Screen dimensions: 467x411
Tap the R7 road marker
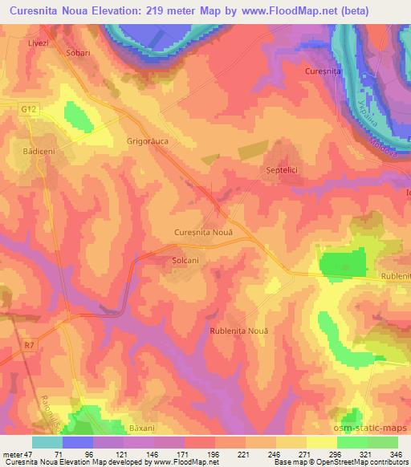(30, 345)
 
